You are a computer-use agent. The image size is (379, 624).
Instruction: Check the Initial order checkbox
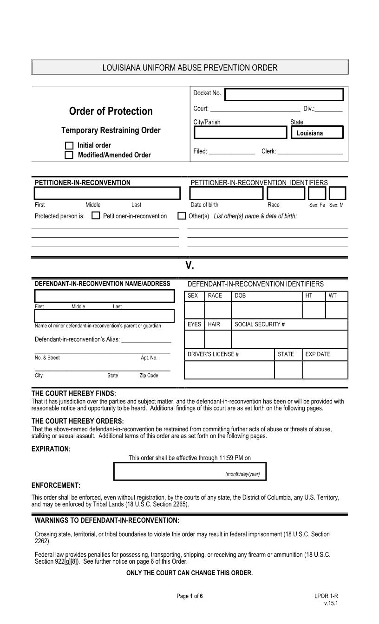pyautogui.click(x=69, y=145)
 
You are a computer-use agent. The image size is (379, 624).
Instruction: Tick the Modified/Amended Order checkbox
pyautogui.click(x=69, y=155)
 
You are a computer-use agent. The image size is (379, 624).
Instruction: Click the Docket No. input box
pyautogui.click(x=284, y=95)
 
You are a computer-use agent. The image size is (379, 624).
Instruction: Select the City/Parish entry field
pyautogui.click(x=240, y=133)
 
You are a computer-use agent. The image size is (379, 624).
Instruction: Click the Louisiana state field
pyautogui.click(x=317, y=133)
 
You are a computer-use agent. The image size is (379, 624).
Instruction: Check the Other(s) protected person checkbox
pyautogui.click(x=182, y=216)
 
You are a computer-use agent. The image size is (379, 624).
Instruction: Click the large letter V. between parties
pyautogui.click(x=189, y=266)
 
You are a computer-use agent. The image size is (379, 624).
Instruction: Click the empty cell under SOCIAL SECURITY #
pyautogui.click(x=289, y=339)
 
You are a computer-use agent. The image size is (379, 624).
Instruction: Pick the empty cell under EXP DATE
pyautogui.click(x=325, y=370)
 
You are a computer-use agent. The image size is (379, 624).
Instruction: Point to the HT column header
pyautogui.click(x=309, y=296)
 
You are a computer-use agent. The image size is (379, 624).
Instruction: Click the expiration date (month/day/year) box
pyautogui.click(x=190, y=471)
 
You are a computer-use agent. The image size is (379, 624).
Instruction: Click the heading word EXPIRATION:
pyautogui.click(x=51, y=449)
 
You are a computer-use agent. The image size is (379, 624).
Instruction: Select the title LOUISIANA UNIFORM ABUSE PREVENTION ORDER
pyautogui.click(x=189, y=68)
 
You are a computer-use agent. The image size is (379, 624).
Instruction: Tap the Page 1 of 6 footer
pyautogui.click(x=189, y=596)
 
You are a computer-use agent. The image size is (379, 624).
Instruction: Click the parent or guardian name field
pyautogui.click(x=105, y=316)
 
